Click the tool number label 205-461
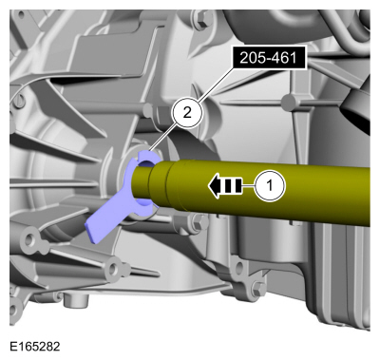tap(269, 58)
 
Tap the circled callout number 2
tap(187, 112)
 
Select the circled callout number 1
tap(270, 185)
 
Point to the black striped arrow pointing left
tap(225, 186)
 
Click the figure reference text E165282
tap(35, 346)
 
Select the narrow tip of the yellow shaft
tap(142, 182)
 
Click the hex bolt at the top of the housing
tap(200, 19)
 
